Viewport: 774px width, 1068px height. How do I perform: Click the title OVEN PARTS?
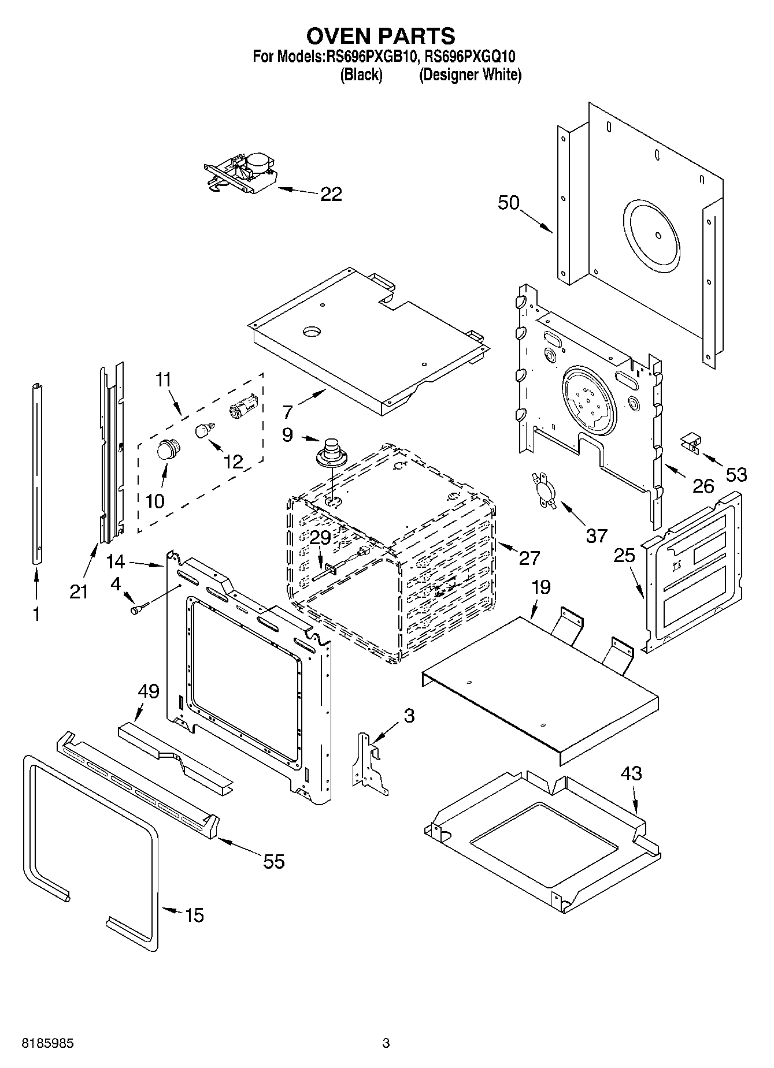380,36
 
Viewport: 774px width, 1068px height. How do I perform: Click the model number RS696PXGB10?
371,57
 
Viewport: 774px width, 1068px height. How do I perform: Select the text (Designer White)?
470,75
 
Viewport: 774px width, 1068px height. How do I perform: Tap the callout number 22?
331,194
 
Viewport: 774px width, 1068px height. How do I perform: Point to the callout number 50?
509,203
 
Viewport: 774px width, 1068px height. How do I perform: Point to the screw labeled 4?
139,609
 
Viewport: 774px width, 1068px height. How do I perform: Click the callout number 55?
273,861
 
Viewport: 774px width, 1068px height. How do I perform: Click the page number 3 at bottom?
386,1043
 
